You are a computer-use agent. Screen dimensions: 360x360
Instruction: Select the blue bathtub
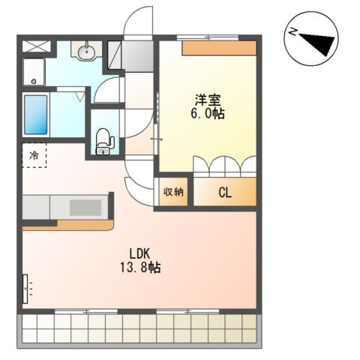pyautogui.click(x=36, y=115)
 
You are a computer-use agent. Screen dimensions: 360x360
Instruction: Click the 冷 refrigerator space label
pyautogui.click(x=34, y=155)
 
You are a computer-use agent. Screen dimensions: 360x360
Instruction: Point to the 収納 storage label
pyautogui.click(x=173, y=192)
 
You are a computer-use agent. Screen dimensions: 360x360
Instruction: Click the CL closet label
pyautogui.click(x=225, y=193)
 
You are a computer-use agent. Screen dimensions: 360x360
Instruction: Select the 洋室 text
pyautogui.click(x=208, y=100)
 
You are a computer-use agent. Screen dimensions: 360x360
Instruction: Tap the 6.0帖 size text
pyautogui.click(x=208, y=114)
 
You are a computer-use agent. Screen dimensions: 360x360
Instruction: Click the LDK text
pyautogui.click(x=139, y=254)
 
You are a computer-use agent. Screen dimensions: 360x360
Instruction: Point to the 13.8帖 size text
pyautogui.click(x=140, y=268)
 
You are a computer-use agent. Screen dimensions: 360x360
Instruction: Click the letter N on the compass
pyautogui.click(x=292, y=32)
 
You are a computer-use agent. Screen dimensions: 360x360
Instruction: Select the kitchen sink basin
pyautogui.click(x=85, y=208)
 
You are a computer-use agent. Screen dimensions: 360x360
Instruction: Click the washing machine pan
pyautogui.click(x=34, y=72)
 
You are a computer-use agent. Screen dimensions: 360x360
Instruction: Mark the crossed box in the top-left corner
pyautogui.click(x=37, y=46)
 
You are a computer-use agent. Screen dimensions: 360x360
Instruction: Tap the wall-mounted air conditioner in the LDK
pyautogui.click(x=25, y=289)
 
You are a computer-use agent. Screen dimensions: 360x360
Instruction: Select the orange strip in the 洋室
pyautogui.click(x=219, y=48)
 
